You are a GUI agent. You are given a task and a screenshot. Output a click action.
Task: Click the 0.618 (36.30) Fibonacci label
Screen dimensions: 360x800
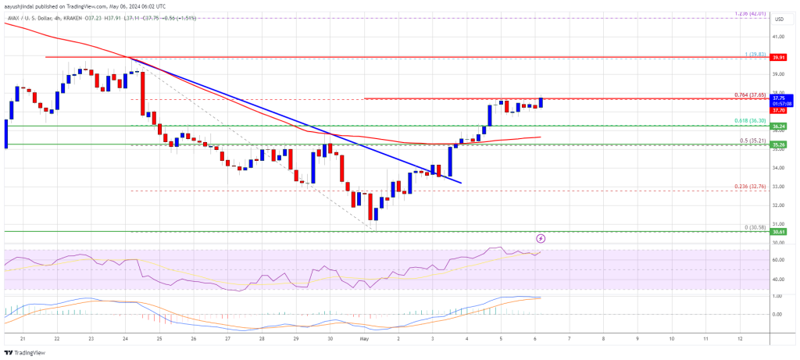click(752, 121)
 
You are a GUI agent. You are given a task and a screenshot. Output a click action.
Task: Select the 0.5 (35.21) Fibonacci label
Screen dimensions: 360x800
click(754, 141)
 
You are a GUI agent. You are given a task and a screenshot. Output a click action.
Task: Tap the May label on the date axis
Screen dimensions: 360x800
click(363, 339)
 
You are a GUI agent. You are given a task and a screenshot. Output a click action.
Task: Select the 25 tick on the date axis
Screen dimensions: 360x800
click(159, 339)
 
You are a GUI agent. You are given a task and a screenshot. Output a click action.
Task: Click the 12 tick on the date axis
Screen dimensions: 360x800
click(739, 339)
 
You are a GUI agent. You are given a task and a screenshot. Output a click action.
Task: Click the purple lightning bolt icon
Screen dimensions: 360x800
click(541, 237)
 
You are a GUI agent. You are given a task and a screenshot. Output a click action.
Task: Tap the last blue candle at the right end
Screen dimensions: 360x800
click(541, 102)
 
